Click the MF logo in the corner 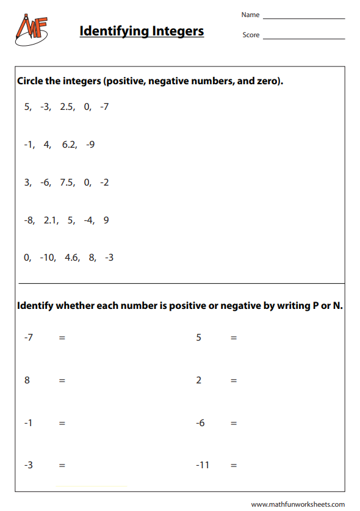pyautogui.click(x=31, y=29)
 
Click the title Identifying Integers pyautogui.click(x=142, y=31)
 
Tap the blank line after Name pyautogui.click(x=303, y=18)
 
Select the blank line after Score pyautogui.click(x=303, y=38)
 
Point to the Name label pyautogui.click(x=250, y=15)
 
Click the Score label pyautogui.click(x=251, y=35)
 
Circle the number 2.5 pyautogui.click(x=67, y=107)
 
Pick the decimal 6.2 pyautogui.click(x=69, y=145)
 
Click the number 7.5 pyautogui.click(x=67, y=183)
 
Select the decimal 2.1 pyautogui.click(x=51, y=220)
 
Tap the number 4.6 pyautogui.click(x=72, y=258)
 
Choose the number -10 pyautogui.click(x=47, y=258)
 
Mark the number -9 pyautogui.click(x=90, y=145)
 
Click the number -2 pyautogui.click(x=104, y=183)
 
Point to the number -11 pyautogui.click(x=203, y=465)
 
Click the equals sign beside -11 pyautogui.click(x=234, y=465)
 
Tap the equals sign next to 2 pyautogui.click(x=234, y=380)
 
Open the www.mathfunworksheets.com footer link pyautogui.click(x=298, y=504)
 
